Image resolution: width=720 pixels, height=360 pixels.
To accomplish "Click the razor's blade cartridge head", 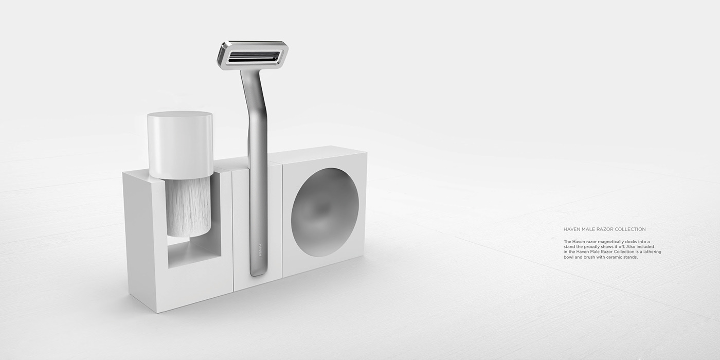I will click(252, 55).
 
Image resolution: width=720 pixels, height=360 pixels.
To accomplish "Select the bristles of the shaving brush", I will click(188, 206).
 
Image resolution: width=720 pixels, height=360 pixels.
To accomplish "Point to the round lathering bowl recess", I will click(325, 212).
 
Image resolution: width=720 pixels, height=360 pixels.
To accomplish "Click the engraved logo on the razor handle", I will click(260, 250).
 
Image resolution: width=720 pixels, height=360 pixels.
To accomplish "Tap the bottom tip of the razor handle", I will click(258, 273).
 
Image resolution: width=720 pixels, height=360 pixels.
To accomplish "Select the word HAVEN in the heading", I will click(572, 229).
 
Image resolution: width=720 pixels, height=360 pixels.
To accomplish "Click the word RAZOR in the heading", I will click(603, 229).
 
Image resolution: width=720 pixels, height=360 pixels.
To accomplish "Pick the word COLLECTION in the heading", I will click(629, 229).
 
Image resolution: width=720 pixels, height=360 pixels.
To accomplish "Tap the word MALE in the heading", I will click(588, 229).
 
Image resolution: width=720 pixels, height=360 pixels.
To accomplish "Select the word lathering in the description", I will click(652, 252).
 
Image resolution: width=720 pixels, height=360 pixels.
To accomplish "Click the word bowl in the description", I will click(568, 257).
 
